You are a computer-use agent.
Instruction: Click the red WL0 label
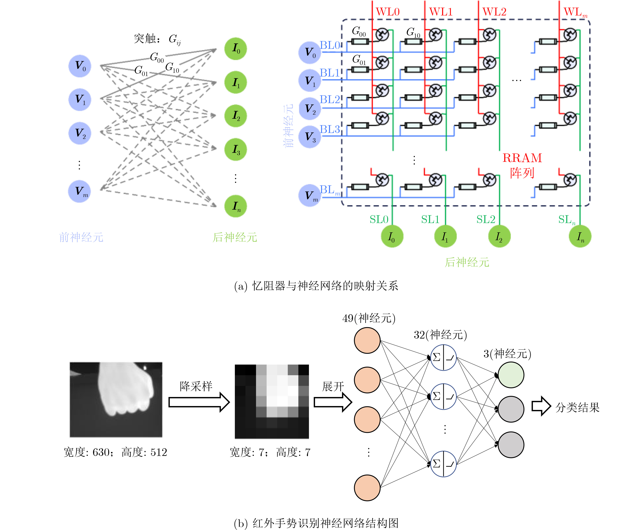[x=388, y=12]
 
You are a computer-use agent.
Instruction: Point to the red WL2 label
[x=494, y=12]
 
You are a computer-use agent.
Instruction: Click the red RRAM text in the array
[x=522, y=158]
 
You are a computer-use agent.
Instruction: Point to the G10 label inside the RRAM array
[x=413, y=32]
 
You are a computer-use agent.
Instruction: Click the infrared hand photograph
[x=116, y=400]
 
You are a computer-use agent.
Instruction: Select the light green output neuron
[x=511, y=375]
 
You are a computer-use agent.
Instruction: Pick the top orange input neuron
[x=367, y=340]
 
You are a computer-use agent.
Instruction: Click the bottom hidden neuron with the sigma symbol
[x=443, y=464]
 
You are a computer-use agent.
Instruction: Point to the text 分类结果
[x=578, y=408]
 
